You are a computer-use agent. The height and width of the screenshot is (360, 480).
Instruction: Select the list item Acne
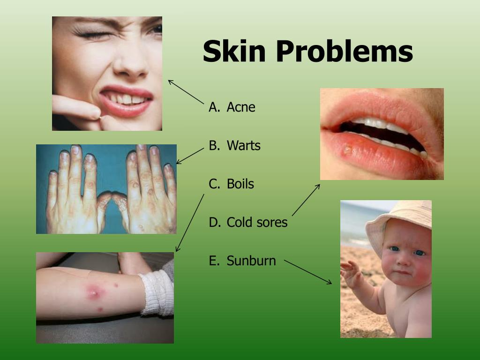click(241, 107)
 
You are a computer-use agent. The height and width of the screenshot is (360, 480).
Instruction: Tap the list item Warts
click(243, 146)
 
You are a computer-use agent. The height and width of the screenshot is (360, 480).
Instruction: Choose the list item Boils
click(240, 184)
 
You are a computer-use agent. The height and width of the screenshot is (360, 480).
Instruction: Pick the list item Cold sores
click(257, 223)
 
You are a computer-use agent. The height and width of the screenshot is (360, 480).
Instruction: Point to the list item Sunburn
click(251, 261)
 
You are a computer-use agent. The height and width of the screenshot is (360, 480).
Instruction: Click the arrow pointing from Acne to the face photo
click(186, 92)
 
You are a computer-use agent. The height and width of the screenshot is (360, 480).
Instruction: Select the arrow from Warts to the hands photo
click(190, 156)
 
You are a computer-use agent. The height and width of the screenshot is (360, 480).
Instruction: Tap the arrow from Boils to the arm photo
click(190, 223)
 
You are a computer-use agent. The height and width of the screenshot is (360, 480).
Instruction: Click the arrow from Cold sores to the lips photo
click(306, 200)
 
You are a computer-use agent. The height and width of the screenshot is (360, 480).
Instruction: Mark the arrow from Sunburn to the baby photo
click(308, 272)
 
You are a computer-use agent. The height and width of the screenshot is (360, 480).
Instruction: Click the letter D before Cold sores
click(214, 223)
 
